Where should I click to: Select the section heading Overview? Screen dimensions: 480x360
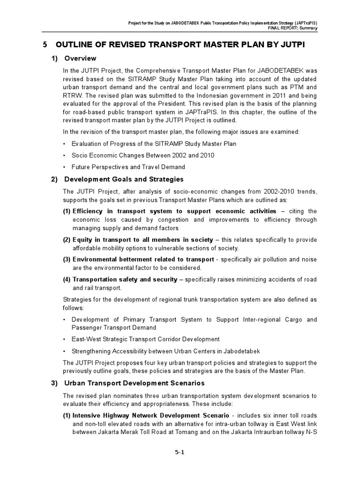[80, 59]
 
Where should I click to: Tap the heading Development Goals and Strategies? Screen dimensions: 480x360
[124, 179]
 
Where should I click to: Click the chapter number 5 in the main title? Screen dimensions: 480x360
[45, 45]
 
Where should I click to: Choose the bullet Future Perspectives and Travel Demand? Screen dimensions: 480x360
[128, 166]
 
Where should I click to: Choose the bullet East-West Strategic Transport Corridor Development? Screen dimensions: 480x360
[145, 339]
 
